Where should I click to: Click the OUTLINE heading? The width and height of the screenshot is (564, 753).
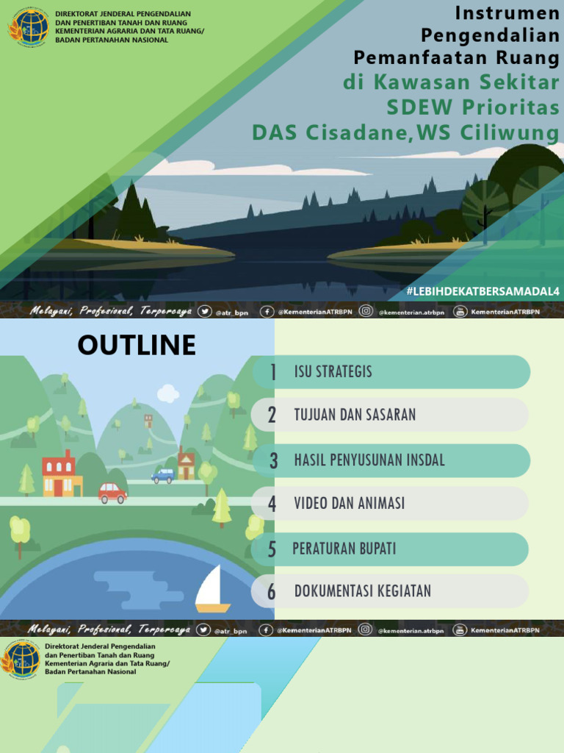point(137,344)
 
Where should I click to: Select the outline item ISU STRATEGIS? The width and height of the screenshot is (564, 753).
point(333,372)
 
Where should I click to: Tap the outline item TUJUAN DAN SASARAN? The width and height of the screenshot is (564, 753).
point(355,415)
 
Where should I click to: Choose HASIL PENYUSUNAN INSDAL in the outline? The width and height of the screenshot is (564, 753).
point(369,460)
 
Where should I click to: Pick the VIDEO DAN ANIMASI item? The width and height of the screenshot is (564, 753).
point(349,504)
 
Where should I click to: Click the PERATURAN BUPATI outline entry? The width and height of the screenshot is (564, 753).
point(344,549)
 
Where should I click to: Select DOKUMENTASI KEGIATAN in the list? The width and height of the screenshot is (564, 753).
point(362,591)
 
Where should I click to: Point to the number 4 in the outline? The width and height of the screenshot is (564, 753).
point(272,504)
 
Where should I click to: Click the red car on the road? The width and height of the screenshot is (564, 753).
point(112,493)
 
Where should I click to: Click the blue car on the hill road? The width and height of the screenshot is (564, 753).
point(163,476)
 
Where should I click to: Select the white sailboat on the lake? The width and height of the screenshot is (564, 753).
point(211,589)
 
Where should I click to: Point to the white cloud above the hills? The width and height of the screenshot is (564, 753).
point(168,393)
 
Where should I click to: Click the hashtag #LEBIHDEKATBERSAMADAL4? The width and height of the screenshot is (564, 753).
point(482,292)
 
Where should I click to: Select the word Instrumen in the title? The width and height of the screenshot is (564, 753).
point(507,13)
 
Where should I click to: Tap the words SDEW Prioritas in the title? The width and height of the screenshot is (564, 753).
point(473,107)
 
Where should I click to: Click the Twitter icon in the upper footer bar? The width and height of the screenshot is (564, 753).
point(205,312)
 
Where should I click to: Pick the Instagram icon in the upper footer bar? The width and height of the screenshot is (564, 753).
point(366,312)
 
